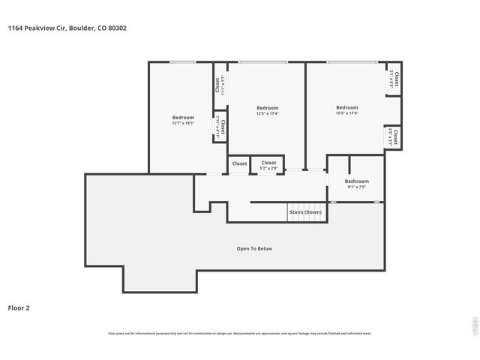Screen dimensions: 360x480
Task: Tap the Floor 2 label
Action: [19, 307]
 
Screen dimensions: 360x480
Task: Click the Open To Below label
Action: [254, 248]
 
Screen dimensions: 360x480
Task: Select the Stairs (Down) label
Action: [305, 212]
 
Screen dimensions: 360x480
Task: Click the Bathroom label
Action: [356, 181]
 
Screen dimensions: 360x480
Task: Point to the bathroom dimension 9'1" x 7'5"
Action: [356, 187]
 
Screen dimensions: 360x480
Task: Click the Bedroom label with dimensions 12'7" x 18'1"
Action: [183, 117]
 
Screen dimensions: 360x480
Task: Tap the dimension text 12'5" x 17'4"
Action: [267, 114]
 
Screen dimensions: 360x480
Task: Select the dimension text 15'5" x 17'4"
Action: [346, 113]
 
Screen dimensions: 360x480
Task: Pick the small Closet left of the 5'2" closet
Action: [239, 163]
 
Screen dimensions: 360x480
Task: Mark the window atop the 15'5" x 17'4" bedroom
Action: [352, 61]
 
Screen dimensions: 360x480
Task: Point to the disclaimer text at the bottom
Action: [240, 333]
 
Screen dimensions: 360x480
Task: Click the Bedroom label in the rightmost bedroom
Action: [346, 107]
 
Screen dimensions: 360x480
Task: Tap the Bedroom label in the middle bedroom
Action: [267, 107]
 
